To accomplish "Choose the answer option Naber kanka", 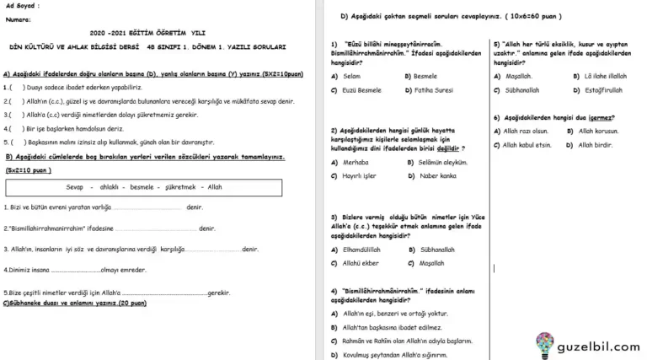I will [437, 175].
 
